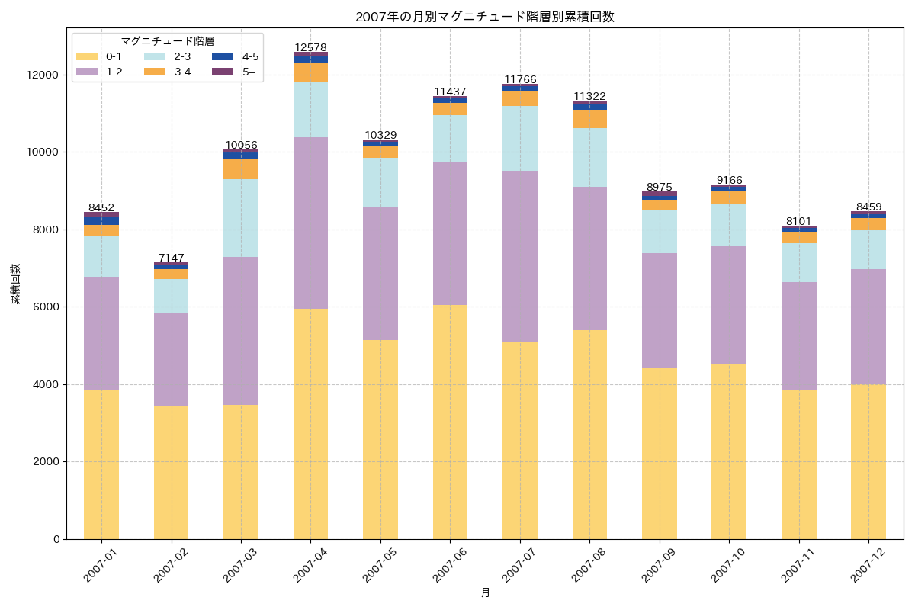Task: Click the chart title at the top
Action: pyautogui.click(x=485, y=17)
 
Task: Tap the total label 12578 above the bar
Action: pyautogui.click(x=310, y=47)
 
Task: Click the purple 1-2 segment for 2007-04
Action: pyautogui.click(x=310, y=223)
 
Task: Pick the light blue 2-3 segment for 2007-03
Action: pyautogui.click(x=241, y=218)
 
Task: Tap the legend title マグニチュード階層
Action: pyautogui.click(x=167, y=41)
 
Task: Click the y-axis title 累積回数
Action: pyautogui.click(x=15, y=284)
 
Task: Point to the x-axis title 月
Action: pyautogui.click(x=485, y=592)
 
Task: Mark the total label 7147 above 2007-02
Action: pyautogui.click(x=171, y=258)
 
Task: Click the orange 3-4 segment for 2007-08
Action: pyautogui.click(x=589, y=119)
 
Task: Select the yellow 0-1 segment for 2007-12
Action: pyautogui.click(x=868, y=461)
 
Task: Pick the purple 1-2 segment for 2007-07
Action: pyautogui.click(x=519, y=256)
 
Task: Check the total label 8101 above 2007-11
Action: pyautogui.click(x=798, y=221)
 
